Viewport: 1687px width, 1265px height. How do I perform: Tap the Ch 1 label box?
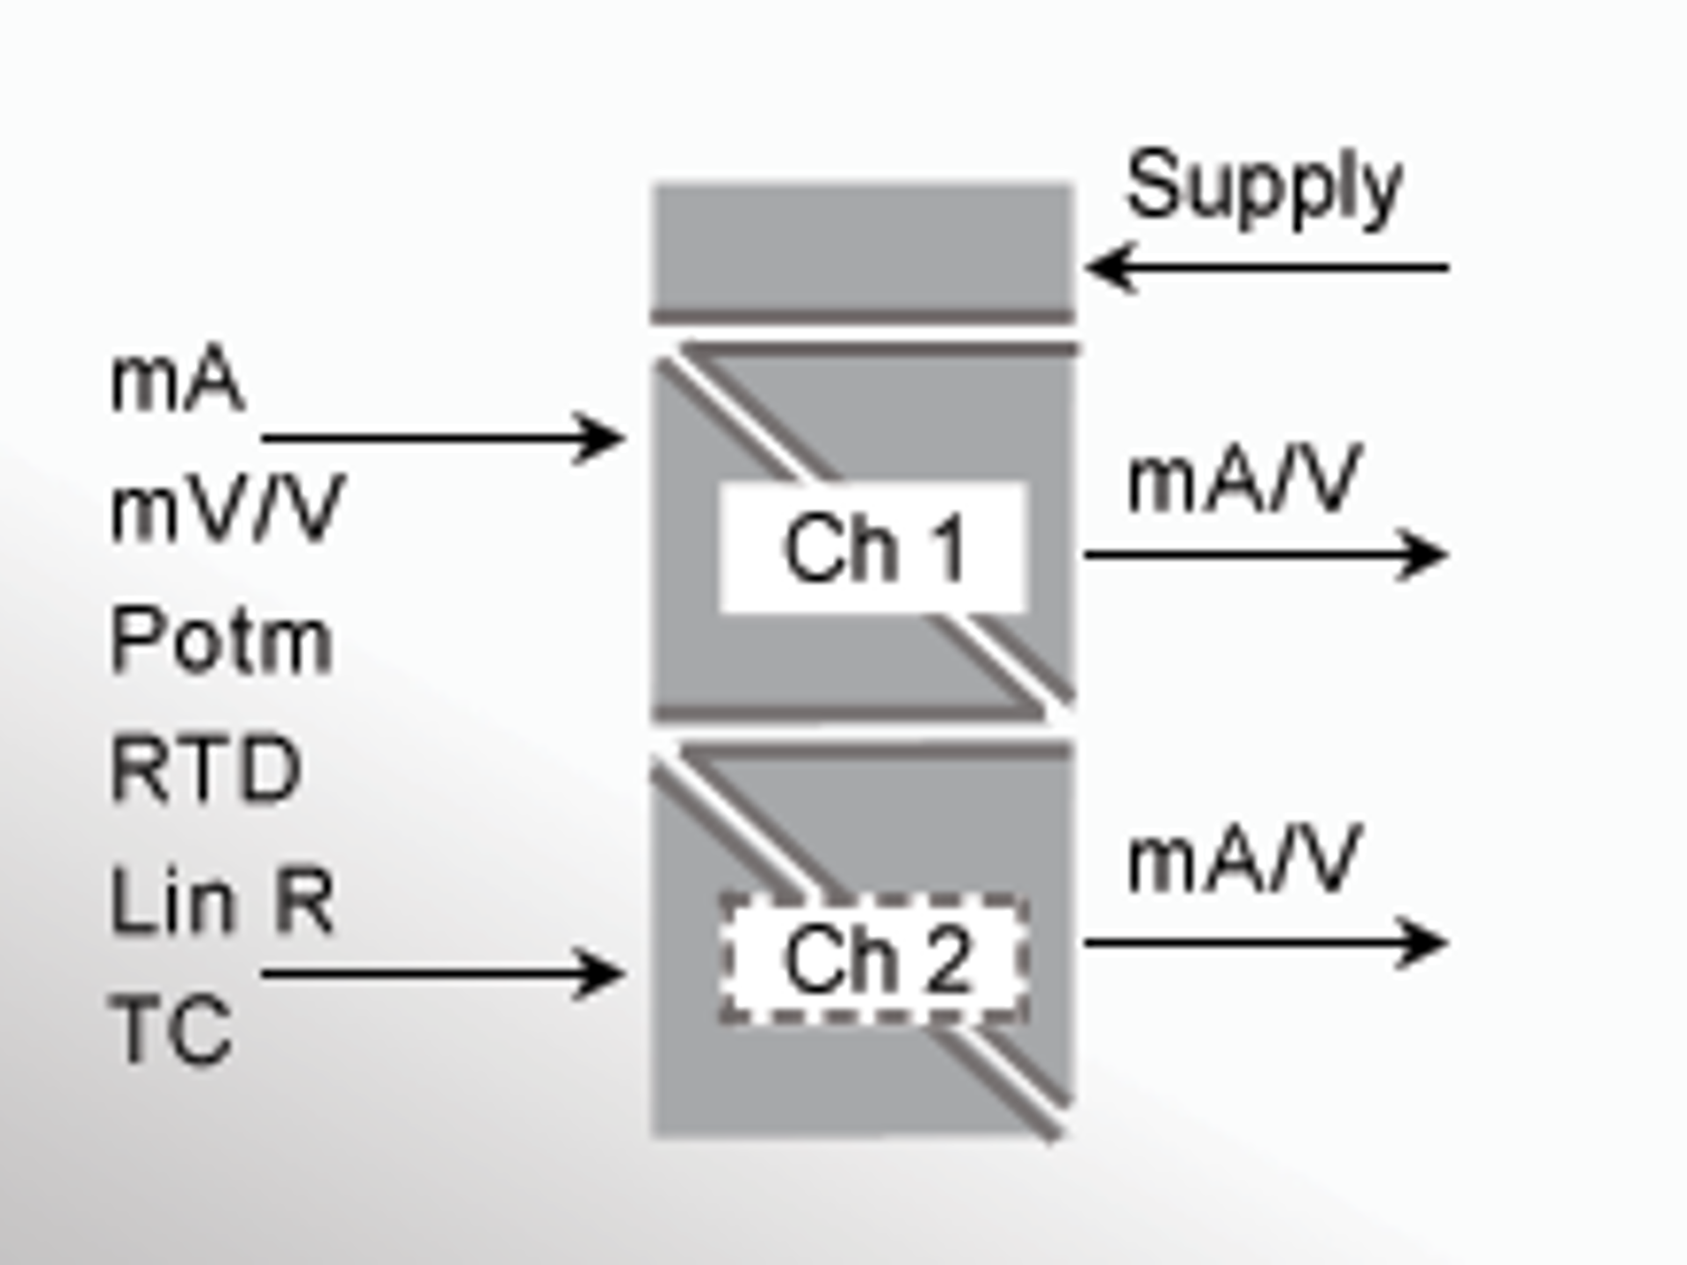(x=873, y=548)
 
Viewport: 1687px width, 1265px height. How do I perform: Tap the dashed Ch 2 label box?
(x=873, y=959)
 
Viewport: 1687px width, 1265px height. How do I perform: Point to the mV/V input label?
(x=227, y=510)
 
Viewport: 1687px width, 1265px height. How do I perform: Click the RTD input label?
(x=206, y=770)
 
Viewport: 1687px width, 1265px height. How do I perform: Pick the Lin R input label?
(x=221, y=901)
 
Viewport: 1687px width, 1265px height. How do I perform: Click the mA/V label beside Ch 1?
(x=1244, y=481)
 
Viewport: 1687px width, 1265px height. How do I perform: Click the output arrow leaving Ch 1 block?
(x=1265, y=554)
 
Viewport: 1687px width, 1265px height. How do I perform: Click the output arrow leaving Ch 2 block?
(x=1265, y=943)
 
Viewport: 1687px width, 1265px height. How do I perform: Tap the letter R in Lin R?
(x=304, y=901)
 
